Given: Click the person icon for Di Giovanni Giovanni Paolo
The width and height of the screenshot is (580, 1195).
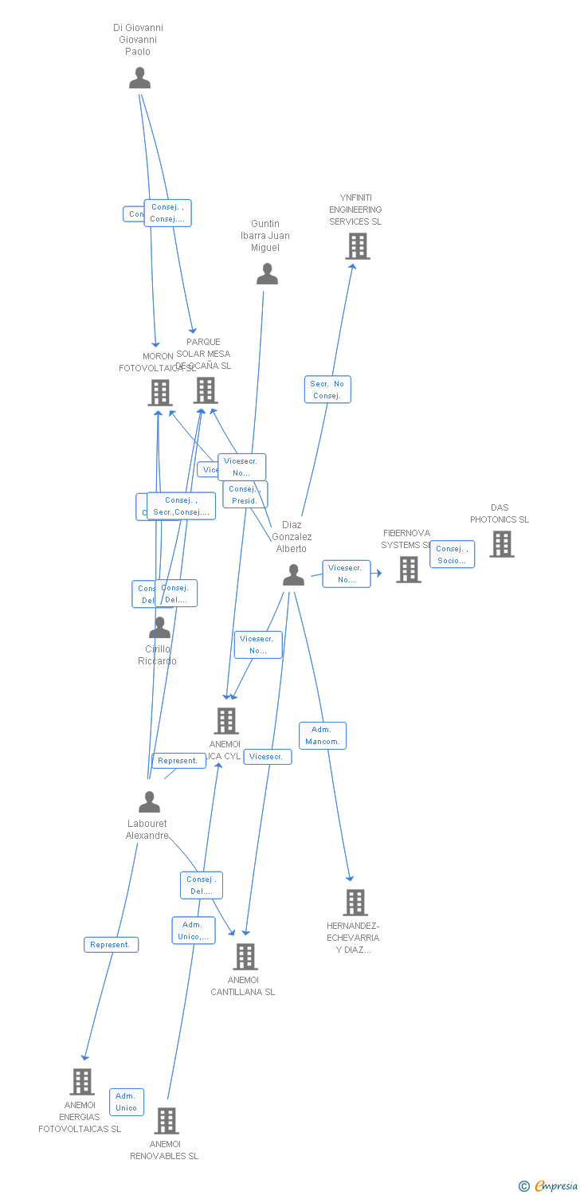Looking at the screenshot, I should pyautogui.click(x=139, y=78).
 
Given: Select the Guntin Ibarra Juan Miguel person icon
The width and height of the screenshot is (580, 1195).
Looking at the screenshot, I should pyautogui.click(x=267, y=274).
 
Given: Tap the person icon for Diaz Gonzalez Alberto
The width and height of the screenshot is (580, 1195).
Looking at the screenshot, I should pyautogui.click(x=293, y=575).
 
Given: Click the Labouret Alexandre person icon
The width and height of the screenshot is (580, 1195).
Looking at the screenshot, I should pyautogui.click(x=149, y=801).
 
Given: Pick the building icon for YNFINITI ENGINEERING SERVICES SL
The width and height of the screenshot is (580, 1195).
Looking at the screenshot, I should pyautogui.click(x=357, y=246).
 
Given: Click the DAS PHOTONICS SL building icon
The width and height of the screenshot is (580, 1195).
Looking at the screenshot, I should pyautogui.click(x=501, y=544).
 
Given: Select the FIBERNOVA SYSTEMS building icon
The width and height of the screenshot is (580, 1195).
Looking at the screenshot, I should pyautogui.click(x=409, y=569).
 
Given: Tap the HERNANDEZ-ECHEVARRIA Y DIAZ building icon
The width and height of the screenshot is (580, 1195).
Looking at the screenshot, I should pyautogui.click(x=355, y=903).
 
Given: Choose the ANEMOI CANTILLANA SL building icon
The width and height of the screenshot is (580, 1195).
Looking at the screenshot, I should pyautogui.click(x=245, y=956).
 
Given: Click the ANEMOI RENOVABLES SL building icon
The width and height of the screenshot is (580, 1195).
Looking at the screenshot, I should pyautogui.click(x=166, y=1120).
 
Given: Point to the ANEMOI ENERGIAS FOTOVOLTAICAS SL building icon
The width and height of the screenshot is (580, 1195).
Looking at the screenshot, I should pyautogui.click(x=81, y=1081).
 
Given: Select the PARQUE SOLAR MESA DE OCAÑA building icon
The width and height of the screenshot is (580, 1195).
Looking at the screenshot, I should pyautogui.click(x=206, y=390).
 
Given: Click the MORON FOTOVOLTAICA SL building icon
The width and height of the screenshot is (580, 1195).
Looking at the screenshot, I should pyautogui.click(x=159, y=393).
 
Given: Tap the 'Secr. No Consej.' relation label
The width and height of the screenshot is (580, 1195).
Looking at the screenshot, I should pyautogui.click(x=327, y=390).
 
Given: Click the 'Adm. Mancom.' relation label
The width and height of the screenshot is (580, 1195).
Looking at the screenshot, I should pyautogui.click(x=323, y=735).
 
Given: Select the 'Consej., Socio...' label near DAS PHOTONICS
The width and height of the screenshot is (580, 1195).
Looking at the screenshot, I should pyautogui.click(x=452, y=554).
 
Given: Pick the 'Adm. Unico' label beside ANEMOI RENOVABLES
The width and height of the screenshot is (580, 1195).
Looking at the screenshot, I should pyautogui.click(x=127, y=1102).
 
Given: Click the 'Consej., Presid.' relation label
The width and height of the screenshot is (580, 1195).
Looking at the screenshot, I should pyautogui.click(x=245, y=495).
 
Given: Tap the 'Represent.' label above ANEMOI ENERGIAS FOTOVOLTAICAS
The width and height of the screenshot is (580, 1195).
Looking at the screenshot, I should pyautogui.click(x=111, y=945).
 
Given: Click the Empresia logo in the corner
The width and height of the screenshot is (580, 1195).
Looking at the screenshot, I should pyautogui.click(x=549, y=1186).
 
